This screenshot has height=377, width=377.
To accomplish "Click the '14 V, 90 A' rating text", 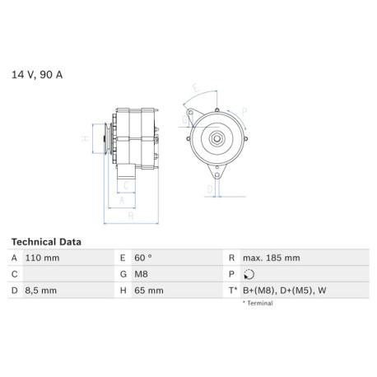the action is coord(37,75).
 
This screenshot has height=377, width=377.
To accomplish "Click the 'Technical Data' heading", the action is coord(46,242).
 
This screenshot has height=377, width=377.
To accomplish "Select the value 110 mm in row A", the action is coord(42,258).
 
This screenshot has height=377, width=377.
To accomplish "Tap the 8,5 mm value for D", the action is coord(41,291).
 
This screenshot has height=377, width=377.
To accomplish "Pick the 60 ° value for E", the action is coord(143,258).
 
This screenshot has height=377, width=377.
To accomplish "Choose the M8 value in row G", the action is coord(141,274).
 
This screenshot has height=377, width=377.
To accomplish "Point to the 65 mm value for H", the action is coord(149,291).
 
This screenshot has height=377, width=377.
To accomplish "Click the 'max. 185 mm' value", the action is coord(272,258).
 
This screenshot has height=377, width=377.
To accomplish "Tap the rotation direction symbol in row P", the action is coord(249,274).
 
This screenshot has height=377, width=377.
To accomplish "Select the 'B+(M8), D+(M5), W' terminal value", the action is coord(285,291).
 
